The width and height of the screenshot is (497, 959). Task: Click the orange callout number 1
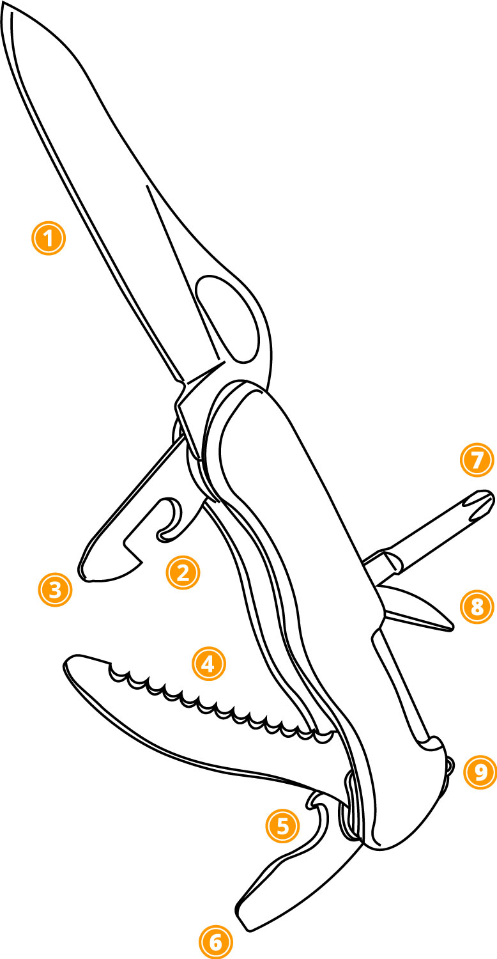49,238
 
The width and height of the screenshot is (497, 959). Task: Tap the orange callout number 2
183,573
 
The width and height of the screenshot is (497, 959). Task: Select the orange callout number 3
55,590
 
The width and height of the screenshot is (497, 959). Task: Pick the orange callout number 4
209,664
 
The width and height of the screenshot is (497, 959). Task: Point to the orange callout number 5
283,826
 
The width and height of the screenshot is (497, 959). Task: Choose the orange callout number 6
216,942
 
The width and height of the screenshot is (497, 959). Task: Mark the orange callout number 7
477,460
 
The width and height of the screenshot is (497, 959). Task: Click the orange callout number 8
477,607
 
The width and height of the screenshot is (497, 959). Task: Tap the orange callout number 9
480,772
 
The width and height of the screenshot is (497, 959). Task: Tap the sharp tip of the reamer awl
451,628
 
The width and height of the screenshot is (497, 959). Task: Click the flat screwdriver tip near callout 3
86,573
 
